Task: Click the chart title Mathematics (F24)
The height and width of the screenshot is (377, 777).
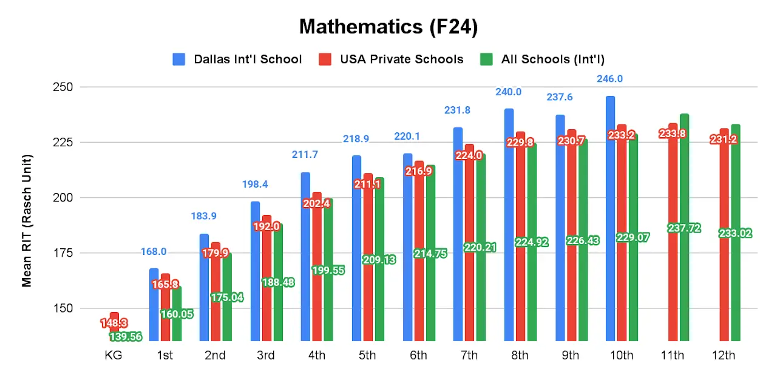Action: (388, 27)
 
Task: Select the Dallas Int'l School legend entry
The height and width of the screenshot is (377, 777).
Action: (237, 59)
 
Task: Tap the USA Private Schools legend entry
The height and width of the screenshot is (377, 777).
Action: (391, 59)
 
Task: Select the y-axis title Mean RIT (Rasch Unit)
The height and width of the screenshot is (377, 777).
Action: (27, 220)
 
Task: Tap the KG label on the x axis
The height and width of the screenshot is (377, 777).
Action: (114, 356)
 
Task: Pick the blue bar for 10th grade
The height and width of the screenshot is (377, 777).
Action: (610, 219)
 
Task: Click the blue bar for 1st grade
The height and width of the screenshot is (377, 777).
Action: (154, 304)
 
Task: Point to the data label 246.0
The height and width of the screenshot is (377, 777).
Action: (610, 79)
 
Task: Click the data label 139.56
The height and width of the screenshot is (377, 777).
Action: (126, 336)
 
